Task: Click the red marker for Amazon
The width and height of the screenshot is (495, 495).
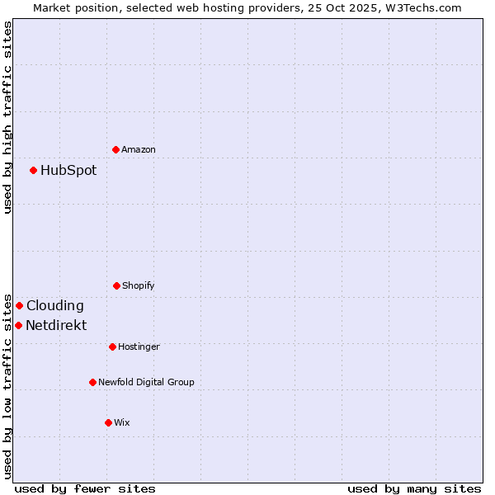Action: [115, 149]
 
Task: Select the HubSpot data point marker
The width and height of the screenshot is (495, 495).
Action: [33, 170]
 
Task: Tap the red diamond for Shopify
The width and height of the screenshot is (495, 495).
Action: [116, 285]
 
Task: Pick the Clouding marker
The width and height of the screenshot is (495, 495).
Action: [19, 305]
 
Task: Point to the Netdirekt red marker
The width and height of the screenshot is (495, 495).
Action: [18, 325]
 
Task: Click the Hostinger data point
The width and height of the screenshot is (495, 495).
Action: [112, 346]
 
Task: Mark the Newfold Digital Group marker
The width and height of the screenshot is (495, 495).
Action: [92, 382]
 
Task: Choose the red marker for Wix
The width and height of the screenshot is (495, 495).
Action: [108, 422]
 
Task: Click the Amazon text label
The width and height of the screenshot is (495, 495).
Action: [139, 150]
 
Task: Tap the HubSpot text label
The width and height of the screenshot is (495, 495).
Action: [68, 171]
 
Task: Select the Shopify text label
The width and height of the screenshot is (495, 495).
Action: [139, 286]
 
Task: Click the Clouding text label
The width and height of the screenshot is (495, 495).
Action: [55, 306]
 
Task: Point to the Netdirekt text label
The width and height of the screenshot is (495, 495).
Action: [56, 326]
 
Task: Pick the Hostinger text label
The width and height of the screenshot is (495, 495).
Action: [139, 347]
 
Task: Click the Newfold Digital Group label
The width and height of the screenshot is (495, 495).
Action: [146, 383]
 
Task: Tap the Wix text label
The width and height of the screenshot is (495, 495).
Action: [122, 423]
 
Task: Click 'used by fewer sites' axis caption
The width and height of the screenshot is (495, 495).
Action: [85, 488]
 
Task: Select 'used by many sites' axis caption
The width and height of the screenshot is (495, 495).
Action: [414, 488]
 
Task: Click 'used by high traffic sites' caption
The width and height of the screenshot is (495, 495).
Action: [8, 117]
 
